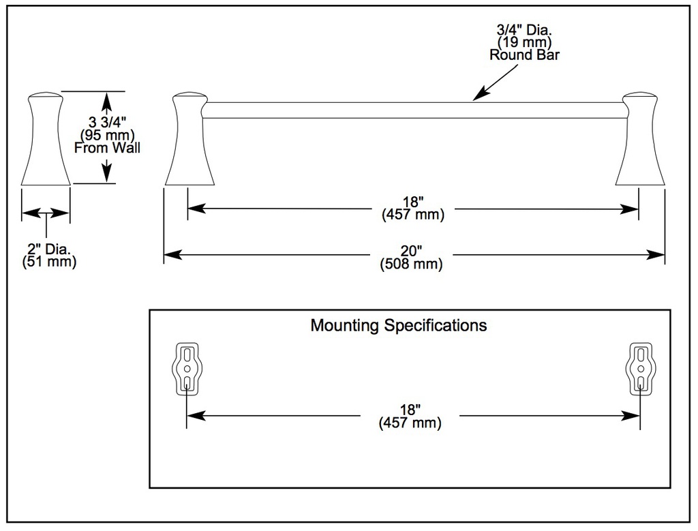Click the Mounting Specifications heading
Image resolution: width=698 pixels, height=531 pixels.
pos(398,325)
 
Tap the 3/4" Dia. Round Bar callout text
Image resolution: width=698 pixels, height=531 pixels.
pos(524,43)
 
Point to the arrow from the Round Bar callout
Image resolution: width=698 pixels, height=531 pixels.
pos(495,82)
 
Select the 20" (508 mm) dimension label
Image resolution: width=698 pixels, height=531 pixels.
pos(411,258)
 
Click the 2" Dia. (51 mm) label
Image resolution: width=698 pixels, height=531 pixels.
pos(49,255)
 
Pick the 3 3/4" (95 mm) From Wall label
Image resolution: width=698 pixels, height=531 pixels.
pos(107,135)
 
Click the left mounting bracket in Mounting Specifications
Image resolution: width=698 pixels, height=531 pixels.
pos(187,369)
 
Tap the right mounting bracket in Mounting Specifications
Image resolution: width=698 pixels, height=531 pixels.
pos(641,369)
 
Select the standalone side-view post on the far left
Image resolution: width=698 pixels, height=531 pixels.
pos(46,138)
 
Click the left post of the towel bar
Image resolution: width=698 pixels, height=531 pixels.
pos(189,138)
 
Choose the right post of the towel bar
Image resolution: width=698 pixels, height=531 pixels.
pos(640,138)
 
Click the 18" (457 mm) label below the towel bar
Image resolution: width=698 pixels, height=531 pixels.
pos(412,209)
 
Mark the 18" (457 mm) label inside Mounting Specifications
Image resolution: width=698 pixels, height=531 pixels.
pos(410,416)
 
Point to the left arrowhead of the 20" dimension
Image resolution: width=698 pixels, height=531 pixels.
pos(173,255)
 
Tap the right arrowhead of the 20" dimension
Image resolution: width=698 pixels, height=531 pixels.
pos(656,255)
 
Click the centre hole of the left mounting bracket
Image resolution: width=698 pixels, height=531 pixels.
pos(187,369)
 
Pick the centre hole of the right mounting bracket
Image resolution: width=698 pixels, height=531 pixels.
pos(641,369)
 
